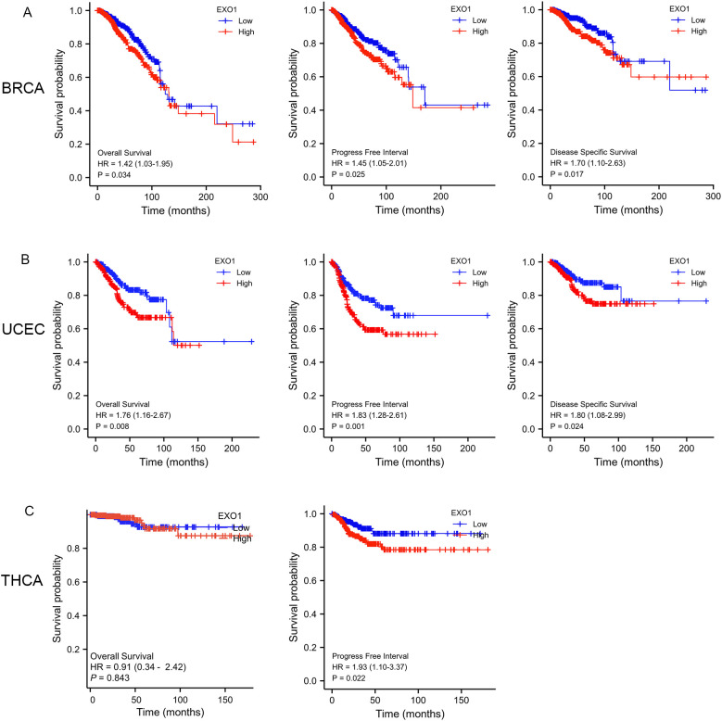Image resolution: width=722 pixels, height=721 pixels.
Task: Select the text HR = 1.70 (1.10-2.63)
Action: click(x=591, y=160)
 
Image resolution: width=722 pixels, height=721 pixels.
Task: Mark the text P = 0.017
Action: click(x=570, y=171)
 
